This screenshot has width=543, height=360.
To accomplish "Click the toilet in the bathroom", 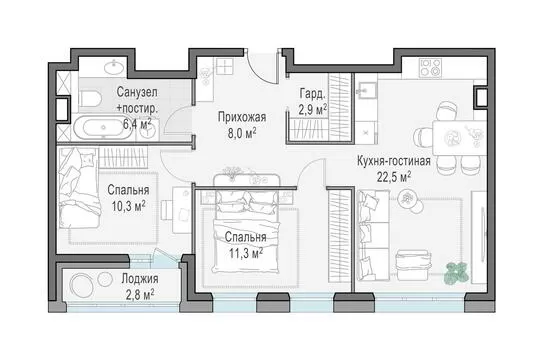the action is (90, 98).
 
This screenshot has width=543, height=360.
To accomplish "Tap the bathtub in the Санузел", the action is (103, 128).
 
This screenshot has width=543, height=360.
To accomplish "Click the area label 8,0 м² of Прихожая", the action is (242, 133).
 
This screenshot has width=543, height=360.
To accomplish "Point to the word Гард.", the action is (313, 94).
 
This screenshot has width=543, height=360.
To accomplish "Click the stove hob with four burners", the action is (430, 68).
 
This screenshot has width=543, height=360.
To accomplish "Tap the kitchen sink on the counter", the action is (366, 90).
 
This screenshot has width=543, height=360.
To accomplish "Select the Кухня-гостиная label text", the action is (394, 161).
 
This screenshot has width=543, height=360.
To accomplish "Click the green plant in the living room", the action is (456, 272).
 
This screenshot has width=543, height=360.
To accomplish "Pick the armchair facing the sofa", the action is (414, 266).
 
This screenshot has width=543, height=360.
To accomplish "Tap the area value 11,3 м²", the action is (246, 253).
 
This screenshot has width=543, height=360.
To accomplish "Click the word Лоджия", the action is (140, 279).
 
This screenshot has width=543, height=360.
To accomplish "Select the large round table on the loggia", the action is (82, 285).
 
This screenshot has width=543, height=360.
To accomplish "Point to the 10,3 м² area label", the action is (128, 206).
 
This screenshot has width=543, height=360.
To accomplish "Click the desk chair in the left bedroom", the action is (166, 210).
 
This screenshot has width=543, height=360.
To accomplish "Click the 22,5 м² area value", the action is (394, 178).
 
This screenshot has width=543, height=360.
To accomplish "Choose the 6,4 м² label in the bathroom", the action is (137, 124).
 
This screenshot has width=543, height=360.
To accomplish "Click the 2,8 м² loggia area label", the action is (140, 295).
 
